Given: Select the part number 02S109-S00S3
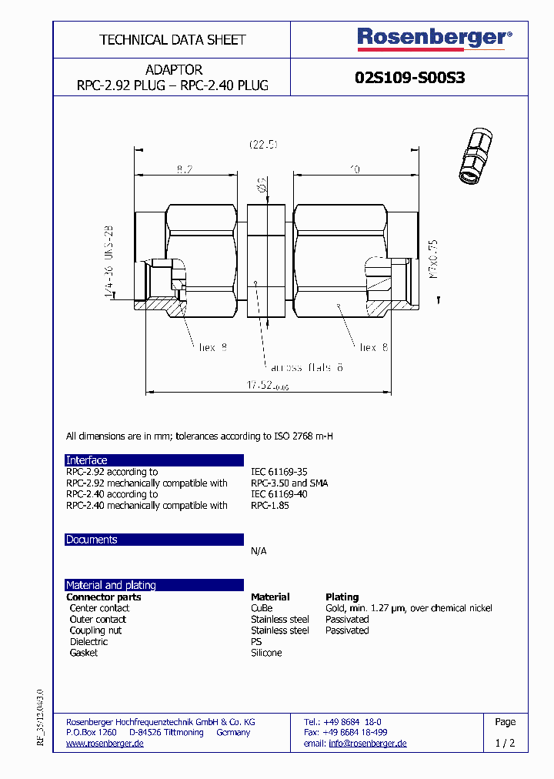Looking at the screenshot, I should (410, 78).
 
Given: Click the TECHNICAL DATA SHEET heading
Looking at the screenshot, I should (172, 39).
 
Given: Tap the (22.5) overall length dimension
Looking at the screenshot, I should (263, 144).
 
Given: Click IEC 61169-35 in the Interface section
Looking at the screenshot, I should (279, 472).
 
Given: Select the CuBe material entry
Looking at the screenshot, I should (262, 608).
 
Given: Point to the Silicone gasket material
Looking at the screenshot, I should (266, 653).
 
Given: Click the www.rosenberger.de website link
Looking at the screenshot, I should (105, 744).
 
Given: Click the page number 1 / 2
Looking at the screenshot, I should (505, 744).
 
